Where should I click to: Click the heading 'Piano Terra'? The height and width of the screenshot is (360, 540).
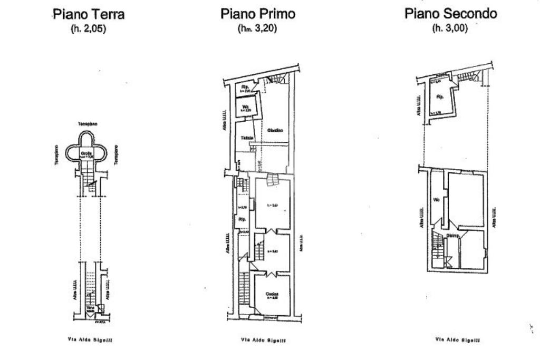coord(89,14)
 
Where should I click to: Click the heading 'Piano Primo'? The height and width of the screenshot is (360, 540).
coord(257,14)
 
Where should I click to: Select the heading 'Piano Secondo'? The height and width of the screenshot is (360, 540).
coord(450,14)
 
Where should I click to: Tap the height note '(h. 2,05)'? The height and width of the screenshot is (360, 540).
coord(89,30)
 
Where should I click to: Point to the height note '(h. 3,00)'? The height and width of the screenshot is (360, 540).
coord(450,29)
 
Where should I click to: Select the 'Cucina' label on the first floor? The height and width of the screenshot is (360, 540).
coord(272,294)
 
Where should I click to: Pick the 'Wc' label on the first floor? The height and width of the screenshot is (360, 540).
coord(246,106)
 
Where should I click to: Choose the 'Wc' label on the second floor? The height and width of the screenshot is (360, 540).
coord(437,200)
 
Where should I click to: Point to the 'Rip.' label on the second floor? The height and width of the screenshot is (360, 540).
coord(439,97)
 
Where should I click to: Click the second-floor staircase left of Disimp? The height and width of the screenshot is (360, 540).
coord(437,245)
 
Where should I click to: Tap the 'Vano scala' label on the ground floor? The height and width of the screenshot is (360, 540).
coord(90,308)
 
